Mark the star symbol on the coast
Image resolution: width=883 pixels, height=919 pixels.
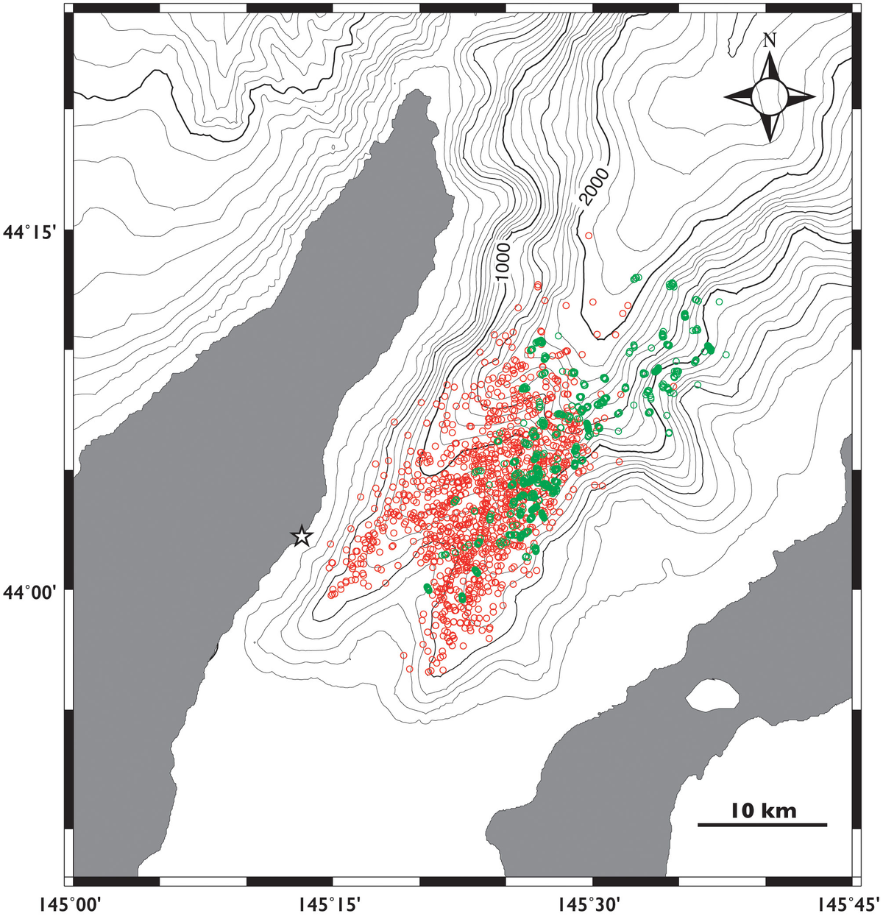[301, 536]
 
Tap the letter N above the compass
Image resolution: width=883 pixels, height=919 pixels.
[770, 40]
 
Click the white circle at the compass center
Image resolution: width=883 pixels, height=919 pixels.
[770, 96]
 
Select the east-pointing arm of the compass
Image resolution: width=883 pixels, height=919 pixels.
[801, 96]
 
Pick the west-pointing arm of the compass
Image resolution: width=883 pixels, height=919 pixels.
[739, 96]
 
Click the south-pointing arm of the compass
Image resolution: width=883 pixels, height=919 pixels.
[770, 127]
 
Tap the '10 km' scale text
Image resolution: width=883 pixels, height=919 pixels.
[763, 811]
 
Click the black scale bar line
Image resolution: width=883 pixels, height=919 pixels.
[762, 825]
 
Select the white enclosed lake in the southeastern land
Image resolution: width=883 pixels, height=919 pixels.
[712, 695]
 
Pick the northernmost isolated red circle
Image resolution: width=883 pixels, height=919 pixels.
[589, 235]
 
